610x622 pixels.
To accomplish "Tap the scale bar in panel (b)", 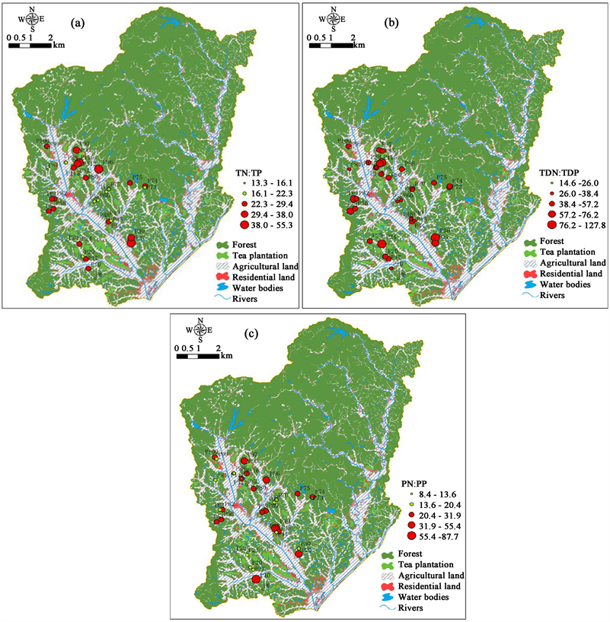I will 338,44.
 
